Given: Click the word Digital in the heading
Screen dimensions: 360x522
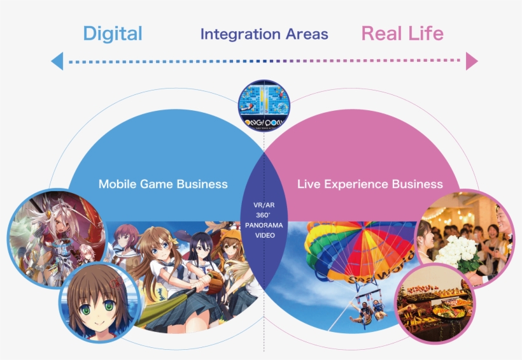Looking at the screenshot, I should [113, 33].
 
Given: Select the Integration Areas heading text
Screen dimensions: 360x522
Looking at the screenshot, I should [264, 34].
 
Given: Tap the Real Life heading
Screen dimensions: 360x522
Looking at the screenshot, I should [402, 33].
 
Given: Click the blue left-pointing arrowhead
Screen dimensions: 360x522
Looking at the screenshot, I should [57, 61].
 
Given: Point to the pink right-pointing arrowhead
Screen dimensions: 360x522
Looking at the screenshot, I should [471, 61].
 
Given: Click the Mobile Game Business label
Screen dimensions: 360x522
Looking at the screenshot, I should [163, 184].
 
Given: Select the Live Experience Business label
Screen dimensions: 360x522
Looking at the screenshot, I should [370, 184].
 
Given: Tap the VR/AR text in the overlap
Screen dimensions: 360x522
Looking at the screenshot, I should [264, 205].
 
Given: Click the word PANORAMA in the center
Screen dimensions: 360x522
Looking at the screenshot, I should [264, 226].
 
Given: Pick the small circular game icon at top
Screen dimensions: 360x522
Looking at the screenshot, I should [264, 104].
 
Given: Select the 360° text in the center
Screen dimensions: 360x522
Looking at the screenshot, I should [264, 215].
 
